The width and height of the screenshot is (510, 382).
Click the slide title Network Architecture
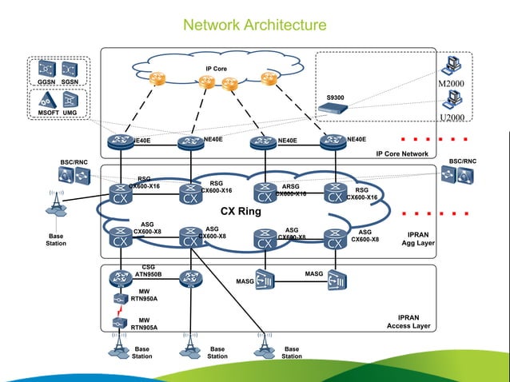coord(255,26)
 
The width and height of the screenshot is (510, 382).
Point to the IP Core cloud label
coord(216,69)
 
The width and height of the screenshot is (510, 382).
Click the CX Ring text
coord(241,212)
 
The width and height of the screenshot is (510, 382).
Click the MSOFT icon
coord(47,100)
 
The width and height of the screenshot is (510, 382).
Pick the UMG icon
coord(70,100)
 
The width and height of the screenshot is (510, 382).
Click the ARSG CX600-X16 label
coord(290,189)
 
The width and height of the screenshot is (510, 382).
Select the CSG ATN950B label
coord(148,270)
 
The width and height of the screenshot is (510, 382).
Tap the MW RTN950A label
coord(144,296)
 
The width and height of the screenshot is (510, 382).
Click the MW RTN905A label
coord(144,324)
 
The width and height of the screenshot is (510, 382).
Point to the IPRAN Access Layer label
coord(408,322)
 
